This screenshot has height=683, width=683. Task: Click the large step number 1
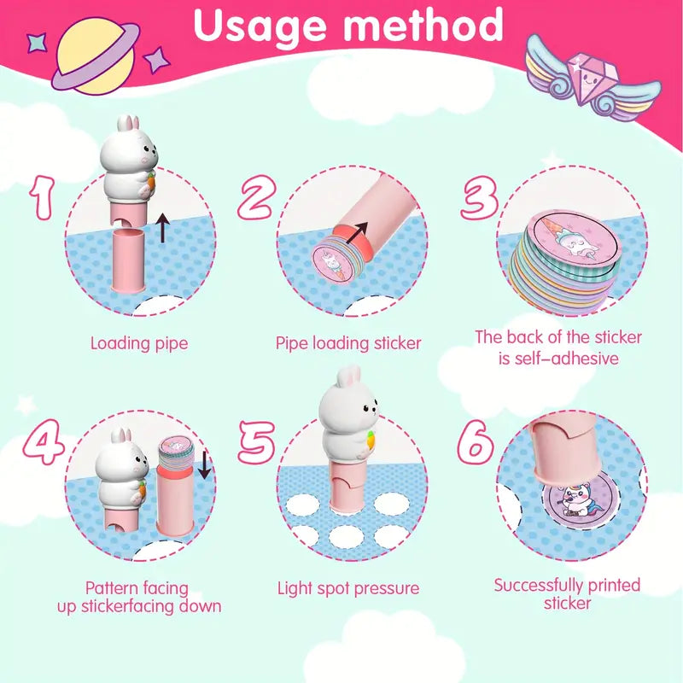click(43, 197)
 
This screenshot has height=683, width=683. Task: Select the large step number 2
click(257, 197)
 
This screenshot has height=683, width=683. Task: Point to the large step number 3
click(479, 197)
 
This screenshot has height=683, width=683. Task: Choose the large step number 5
click(257, 442)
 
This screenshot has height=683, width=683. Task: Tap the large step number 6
click(476, 442)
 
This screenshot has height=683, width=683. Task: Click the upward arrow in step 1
click(163, 227)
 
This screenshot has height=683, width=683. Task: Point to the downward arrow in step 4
click(204, 464)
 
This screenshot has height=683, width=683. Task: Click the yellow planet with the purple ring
click(95, 55)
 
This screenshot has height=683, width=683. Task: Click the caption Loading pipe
click(139, 343)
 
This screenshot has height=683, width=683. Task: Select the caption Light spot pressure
click(348, 588)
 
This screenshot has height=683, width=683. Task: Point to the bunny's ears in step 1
click(129, 122)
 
